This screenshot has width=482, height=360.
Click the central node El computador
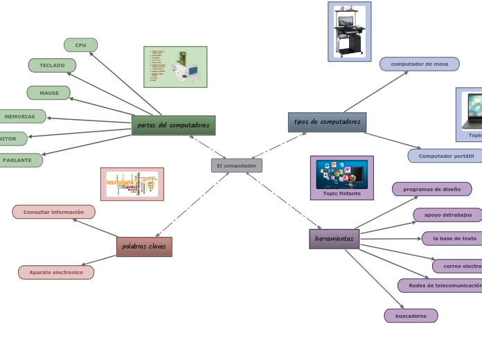(236, 165)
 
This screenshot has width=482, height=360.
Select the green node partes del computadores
(173, 125)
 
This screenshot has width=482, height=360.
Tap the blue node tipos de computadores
(327, 122)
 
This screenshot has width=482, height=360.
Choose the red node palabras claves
(144, 246)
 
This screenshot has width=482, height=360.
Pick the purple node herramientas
(334, 239)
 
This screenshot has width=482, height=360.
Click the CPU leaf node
(81, 45)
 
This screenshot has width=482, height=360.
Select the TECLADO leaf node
(52, 65)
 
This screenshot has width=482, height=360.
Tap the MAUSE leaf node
(48, 93)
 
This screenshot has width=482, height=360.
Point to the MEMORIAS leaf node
(20, 116)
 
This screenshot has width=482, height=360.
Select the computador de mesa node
(419, 64)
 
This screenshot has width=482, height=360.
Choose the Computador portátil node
(445, 156)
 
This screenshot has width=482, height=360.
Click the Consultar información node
(53, 212)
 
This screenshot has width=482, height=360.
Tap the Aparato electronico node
(56, 272)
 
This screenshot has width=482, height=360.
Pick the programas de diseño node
(431, 189)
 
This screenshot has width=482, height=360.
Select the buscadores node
(411, 316)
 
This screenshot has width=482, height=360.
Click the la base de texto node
(454, 238)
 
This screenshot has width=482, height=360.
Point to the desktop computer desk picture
(349, 31)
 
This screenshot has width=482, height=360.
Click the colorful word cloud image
(132, 183)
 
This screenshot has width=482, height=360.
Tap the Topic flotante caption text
(341, 193)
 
